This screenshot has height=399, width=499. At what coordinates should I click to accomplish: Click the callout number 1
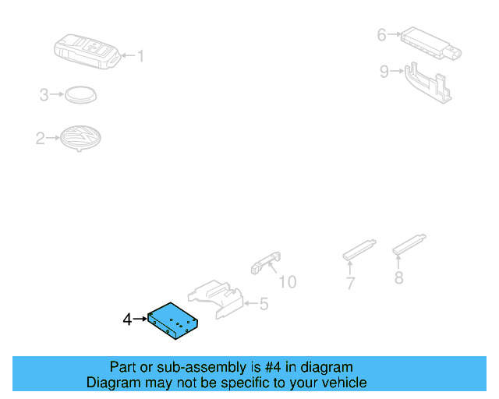point(141,55)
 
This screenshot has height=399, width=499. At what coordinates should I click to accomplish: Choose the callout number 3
point(44,95)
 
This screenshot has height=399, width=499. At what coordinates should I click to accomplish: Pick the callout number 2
point(40,139)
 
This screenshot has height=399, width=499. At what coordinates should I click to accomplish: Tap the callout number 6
point(381,34)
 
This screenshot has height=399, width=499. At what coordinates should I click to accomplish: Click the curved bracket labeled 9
point(427,83)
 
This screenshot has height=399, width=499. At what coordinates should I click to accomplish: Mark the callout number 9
point(384,72)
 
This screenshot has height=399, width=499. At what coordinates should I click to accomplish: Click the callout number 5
point(264,304)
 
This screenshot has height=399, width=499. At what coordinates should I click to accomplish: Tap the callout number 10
point(288,281)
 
